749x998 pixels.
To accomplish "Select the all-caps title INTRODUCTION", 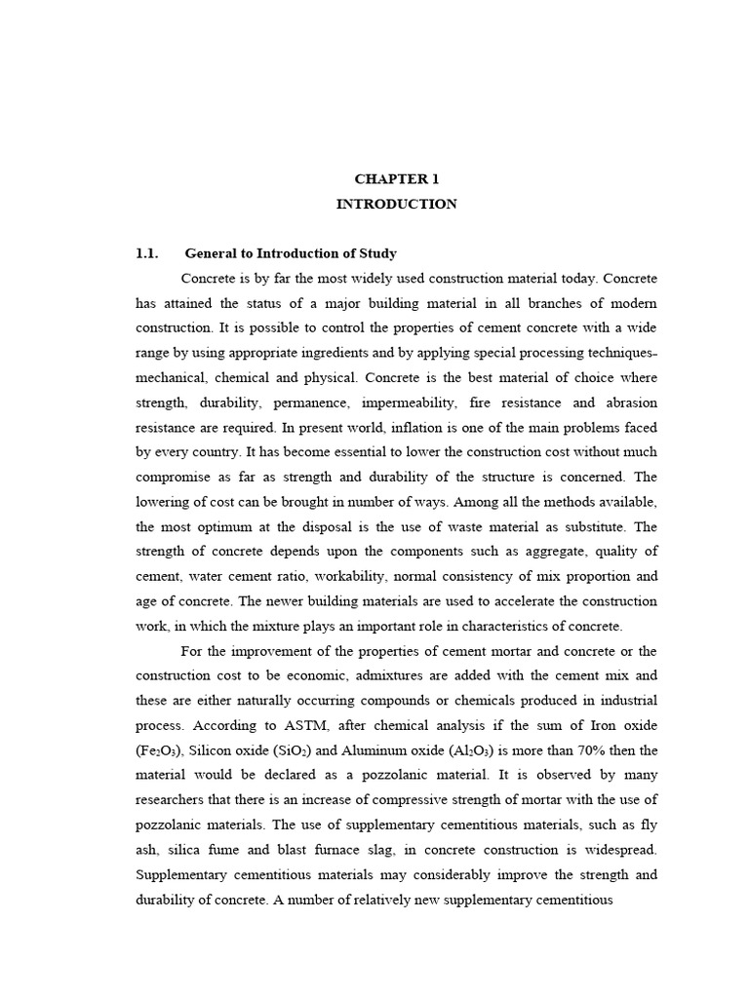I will (x=396, y=205).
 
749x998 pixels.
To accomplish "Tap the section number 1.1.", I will (x=146, y=254).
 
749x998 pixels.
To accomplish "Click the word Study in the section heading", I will (x=375, y=254).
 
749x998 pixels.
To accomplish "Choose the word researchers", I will (x=176, y=801).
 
